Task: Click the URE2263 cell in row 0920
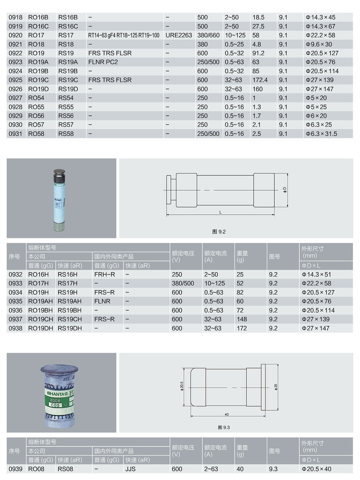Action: click(178, 35)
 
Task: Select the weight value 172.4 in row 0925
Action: click(260, 80)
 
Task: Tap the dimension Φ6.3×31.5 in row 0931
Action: click(321, 134)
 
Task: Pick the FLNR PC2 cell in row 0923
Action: click(103, 62)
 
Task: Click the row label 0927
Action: click(15, 98)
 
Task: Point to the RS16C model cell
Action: click(68, 26)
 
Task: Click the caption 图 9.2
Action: click(219, 232)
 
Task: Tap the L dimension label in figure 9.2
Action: click(220, 212)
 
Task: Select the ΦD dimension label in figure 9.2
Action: click(285, 190)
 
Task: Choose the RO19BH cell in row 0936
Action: click(40, 310)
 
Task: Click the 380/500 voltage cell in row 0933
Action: click(183, 283)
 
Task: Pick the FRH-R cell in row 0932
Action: click(104, 274)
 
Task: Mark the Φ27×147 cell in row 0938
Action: click(316, 328)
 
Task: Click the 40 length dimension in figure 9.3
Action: click(226, 415)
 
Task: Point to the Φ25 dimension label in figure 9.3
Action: click(276, 387)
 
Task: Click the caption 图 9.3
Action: click(224, 428)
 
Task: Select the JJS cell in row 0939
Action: click(130, 469)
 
